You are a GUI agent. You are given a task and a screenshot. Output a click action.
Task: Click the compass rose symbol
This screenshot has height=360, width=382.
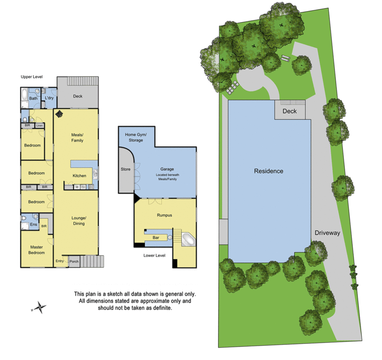tap(39, 307)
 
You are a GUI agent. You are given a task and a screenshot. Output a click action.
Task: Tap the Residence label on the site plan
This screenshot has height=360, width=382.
tap(269, 171)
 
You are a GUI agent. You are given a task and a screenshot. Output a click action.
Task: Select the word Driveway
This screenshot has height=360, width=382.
tap(327, 232)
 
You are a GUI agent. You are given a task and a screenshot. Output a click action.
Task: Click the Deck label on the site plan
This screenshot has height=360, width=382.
tap(290, 112)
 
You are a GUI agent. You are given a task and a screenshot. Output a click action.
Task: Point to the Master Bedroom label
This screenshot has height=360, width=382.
tap(37, 250)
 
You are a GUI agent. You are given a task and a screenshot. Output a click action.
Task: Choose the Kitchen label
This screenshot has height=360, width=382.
tap(79, 176)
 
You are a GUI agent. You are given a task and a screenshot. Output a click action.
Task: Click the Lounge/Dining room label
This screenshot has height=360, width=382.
tap(78, 221)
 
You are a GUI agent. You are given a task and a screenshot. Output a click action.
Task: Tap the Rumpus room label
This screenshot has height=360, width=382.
tap(164, 215)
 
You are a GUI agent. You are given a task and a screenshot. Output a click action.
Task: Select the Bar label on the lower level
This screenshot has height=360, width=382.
tap(156, 238)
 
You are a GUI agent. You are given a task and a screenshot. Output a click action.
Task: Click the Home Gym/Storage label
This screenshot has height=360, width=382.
tap(136, 137)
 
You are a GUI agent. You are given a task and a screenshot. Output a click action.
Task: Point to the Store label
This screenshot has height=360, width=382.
tap(126, 169)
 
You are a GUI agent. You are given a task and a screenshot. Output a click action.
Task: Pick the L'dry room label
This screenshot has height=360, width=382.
tap(50, 98)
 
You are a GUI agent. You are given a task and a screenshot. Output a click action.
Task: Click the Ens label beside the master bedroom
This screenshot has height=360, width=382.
tap(34, 225)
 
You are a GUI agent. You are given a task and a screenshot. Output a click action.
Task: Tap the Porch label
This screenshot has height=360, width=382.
tap(74, 262)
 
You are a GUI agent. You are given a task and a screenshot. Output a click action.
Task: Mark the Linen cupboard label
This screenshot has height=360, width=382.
tap(39, 125)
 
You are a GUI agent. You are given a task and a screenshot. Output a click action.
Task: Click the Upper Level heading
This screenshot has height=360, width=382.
tap(32, 76)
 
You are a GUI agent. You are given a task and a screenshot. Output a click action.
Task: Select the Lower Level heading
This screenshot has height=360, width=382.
tap(154, 255)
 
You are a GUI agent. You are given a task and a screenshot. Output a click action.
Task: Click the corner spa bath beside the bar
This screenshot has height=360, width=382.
tap(188, 240)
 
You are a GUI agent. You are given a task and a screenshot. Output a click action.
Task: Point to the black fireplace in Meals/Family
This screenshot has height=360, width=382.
tap(60, 114)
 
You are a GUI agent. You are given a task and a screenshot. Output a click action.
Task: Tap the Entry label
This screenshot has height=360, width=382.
tap(60, 261)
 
